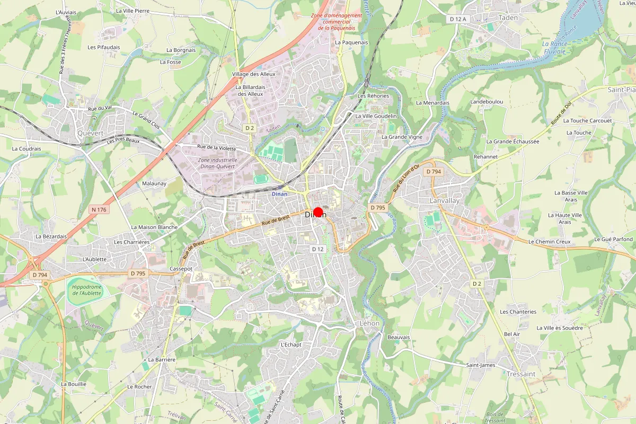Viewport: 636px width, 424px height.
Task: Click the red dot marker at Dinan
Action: click(319, 212)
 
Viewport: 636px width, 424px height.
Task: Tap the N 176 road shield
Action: click(99, 210)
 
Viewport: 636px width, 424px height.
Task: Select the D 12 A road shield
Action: click(457, 19)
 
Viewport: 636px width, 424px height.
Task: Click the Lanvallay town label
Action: click(444, 201)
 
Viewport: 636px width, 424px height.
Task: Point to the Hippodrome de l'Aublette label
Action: click(86, 290)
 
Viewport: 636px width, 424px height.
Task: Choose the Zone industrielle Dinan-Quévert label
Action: click(217, 163)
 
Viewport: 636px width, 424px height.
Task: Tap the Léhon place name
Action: click(370, 323)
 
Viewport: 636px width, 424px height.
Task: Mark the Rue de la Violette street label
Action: click(216, 148)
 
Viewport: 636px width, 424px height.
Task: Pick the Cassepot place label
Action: click(181, 269)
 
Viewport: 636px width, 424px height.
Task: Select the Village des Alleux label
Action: click(254, 74)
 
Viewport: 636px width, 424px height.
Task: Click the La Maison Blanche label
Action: click(154, 227)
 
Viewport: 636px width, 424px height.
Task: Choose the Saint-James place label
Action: click(480, 365)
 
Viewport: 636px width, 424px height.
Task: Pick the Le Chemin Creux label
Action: click(549, 242)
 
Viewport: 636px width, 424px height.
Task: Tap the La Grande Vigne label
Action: click(402, 137)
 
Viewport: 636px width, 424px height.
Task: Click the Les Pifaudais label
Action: click(104, 47)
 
